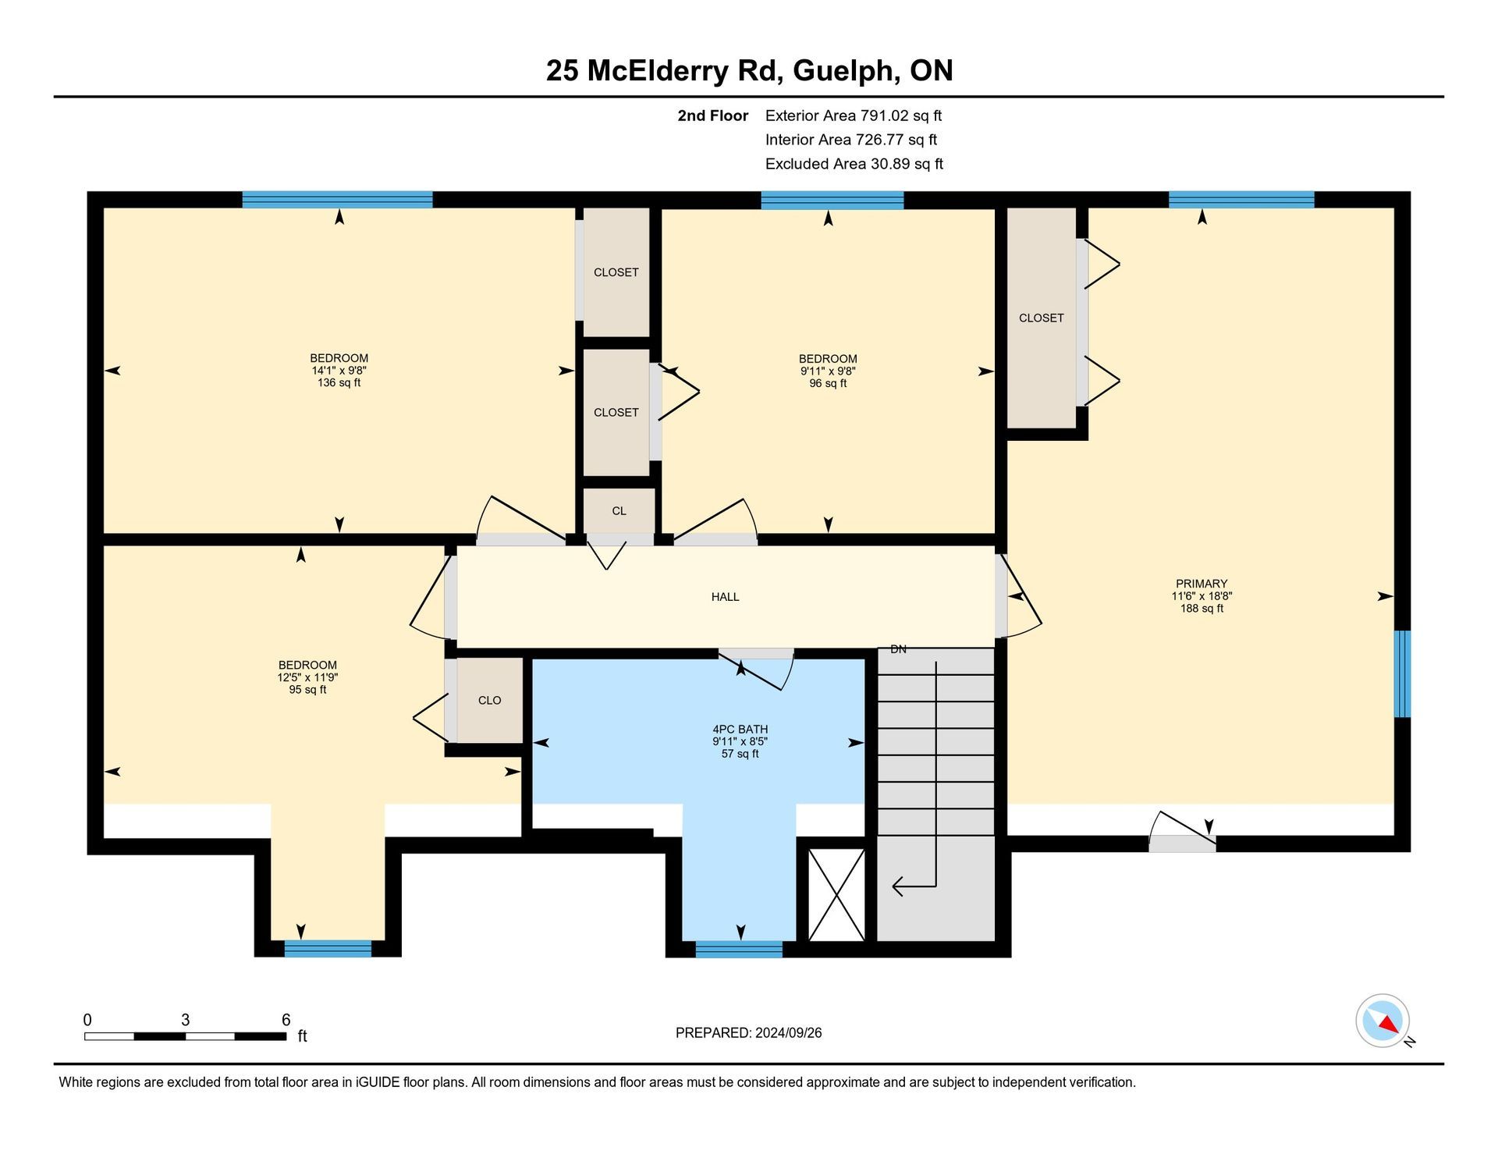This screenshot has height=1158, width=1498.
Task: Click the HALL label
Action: (725, 597)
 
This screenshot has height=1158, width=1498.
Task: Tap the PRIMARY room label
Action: (1202, 584)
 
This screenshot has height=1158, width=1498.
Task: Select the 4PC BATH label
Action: (740, 730)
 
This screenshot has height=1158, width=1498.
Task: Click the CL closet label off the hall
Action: (619, 511)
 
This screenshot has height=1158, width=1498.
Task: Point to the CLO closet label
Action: (490, 701)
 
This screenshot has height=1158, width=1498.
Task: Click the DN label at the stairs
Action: (899, 649)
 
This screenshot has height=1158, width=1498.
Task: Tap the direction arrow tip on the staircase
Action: (893, 886)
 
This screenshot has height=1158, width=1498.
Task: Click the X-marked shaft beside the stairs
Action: (836, 894)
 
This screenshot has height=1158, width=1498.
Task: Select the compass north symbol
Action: (1383, 1021)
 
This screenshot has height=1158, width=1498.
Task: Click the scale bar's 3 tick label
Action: (185, 1020)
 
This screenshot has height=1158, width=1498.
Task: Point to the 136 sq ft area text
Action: (339, 383)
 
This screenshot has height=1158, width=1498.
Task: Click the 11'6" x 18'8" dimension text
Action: (1202, 596)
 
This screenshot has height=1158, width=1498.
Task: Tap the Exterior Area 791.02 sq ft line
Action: (854, 115)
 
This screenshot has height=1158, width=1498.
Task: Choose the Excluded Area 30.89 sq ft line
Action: (854, 164)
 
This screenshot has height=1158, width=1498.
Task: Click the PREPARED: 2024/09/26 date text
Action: (748, 1033)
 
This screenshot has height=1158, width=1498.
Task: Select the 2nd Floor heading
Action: (712, 115)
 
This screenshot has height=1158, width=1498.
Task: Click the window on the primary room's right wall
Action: (1402, 674)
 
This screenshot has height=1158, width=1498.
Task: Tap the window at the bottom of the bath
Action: (739, 949)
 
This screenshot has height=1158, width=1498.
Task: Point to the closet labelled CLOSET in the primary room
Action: (1042, 318)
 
